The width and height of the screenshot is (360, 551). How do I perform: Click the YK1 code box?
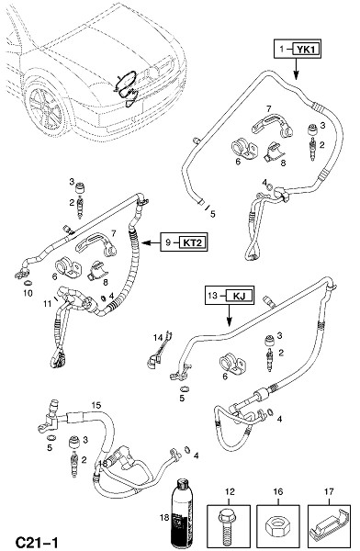click(306, 50)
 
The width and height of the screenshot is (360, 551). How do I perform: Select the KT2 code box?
click(192, 242)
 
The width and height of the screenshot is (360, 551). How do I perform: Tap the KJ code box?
click(239, 296)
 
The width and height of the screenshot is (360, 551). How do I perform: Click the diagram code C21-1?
click(37, 542)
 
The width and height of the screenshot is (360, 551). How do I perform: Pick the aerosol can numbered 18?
click(182, 514)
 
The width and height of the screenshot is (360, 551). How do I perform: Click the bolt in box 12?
click(228, 527)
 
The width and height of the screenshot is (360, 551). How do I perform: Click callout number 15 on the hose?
click(96, 405)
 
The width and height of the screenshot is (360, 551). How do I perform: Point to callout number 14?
click(158, 338)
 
